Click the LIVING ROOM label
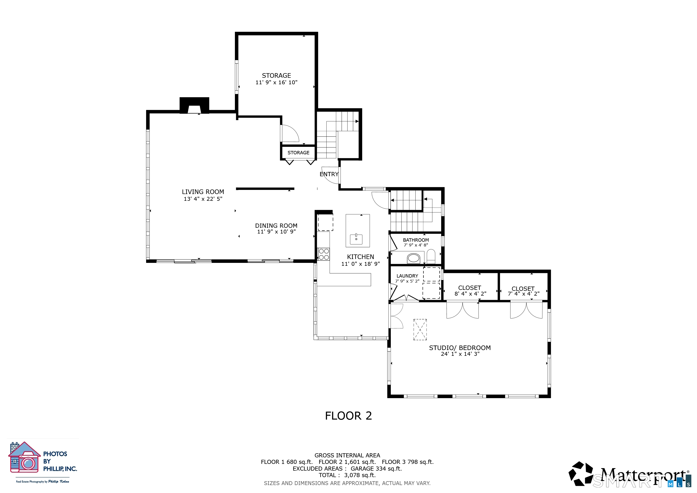click(203, 192)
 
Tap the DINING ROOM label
click(276, 226)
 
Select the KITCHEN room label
click(360, 257)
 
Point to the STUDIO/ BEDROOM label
click(460, 348)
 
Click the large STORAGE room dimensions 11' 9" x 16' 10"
click(276, 82)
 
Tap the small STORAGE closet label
click(298, 153)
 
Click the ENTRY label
click(329, 174)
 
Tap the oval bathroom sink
click(413, 259)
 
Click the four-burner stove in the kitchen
click(324, 254)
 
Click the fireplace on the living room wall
click(194, 105)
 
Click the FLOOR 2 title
click(348, 416)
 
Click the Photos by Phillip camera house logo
click(25, 457)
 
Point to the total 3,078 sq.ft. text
click(347, 475)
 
